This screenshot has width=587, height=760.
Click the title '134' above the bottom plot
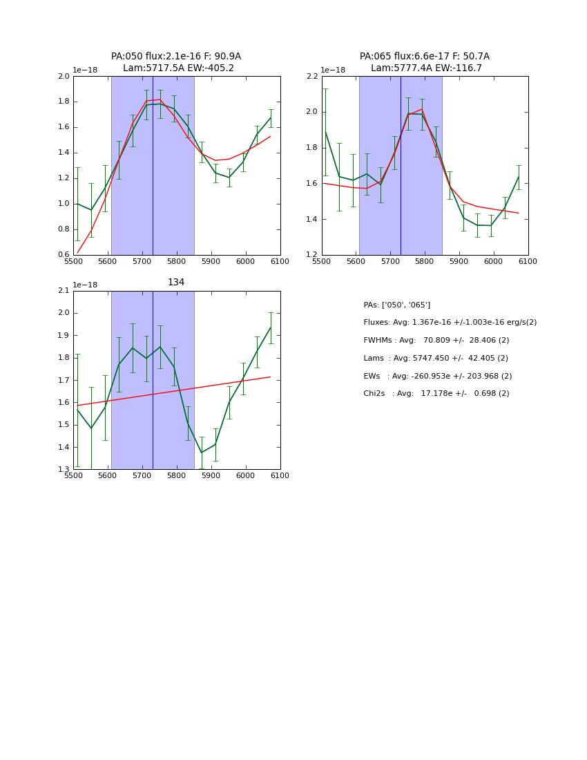[x=176, y=283]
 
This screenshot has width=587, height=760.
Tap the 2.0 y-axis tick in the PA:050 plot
[x=64, y=77]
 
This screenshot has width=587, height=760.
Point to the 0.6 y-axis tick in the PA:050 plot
[x=64, y=255]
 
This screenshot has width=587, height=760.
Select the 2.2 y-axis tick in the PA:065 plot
[x=311, y=77]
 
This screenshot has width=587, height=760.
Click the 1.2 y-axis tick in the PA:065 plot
[x=311, y=255]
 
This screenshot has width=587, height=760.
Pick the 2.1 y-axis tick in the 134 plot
[x=64, y=291]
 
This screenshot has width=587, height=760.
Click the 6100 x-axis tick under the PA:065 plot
[x=528, y=261]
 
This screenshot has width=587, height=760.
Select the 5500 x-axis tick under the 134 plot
[x=73, y=476]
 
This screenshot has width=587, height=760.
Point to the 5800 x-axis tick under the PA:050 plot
[x=177, y=261]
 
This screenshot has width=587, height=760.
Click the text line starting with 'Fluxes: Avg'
[x=450, y=323]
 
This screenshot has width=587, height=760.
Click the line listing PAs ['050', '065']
[x=396, y=305]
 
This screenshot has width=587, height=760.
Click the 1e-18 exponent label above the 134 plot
[x=85, y=285]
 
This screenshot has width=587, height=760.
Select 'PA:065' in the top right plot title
[x=374, y=57]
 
